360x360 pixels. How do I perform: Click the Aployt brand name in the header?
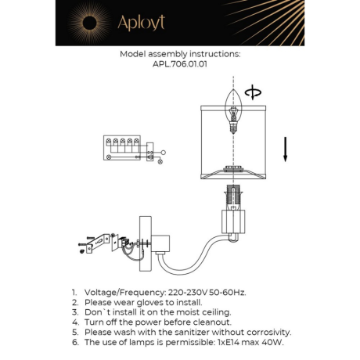[x=141, y=23]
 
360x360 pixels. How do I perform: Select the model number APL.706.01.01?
[x=180, y=67]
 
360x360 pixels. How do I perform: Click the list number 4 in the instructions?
[x=74, y=322]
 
